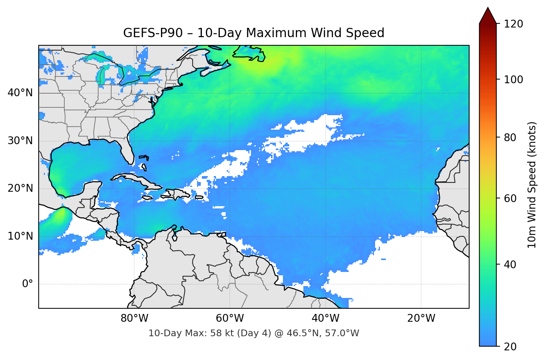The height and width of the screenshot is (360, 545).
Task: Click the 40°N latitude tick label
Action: pyautogui.click(x=20, y=93)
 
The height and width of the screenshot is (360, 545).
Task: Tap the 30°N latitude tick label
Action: pyautogui.click(x=20, y=141)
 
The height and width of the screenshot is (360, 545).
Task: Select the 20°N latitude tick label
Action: pyautogui.click(x=20, y=188)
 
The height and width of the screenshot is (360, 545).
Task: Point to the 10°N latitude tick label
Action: pyautogui.click(x=20, y=236)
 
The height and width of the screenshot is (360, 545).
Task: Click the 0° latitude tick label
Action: pyautogui.click(x=28, y=284)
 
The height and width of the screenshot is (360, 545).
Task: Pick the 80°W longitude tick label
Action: pyautogui.click(x=134, y=318)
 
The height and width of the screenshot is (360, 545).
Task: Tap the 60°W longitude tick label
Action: pyautogui.click(x=230, y=318)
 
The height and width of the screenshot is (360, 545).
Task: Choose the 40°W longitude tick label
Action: pyautogui.click(x=325, y=318)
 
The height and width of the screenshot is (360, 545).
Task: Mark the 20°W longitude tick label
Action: pyautogui.click(x=421, y=318)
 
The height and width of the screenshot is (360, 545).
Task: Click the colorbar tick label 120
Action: pyautogui.click(x=513, y=24)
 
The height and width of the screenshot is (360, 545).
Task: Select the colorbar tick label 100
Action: pyautogui.click(x=513, y=80)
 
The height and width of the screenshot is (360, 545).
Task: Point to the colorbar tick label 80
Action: pyautogui.click(x=510, y=137)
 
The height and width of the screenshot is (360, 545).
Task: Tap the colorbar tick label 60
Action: pyautogui.click(x=510, y=198)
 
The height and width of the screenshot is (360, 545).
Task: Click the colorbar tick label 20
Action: pyautogui.click(x=510, y=347)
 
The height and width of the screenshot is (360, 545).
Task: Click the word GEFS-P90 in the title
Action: pyautogui.click(x=153, y=33)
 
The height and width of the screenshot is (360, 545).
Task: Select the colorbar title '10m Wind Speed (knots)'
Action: pyautogui.click(x=532, y=185)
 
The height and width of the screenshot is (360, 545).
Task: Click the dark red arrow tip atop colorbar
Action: pyautogui.click(x=488, y=15)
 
